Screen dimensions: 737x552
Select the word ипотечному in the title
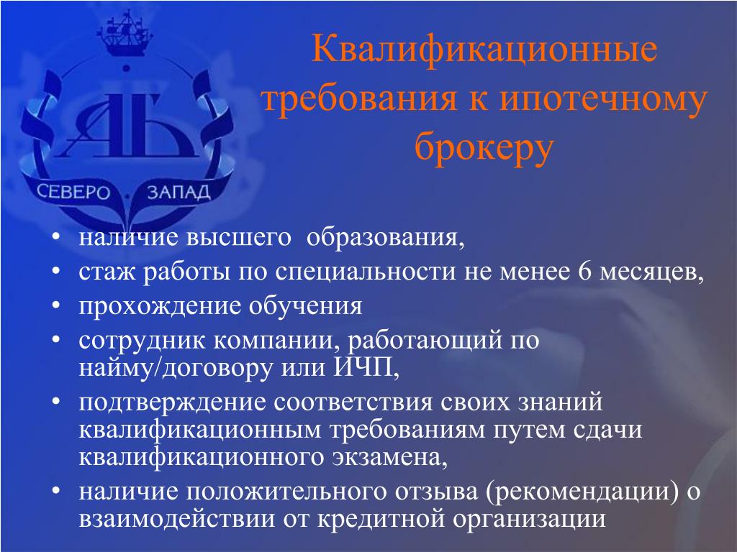603,100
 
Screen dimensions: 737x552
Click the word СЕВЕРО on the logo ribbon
73,192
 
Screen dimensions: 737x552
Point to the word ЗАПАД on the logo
178,192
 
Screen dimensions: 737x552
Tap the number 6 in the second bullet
584,271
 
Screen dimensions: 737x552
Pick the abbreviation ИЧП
363,367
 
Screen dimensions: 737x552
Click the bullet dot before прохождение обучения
56,305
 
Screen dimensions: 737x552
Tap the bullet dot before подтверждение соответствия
56,402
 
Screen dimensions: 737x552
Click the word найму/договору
176,368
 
